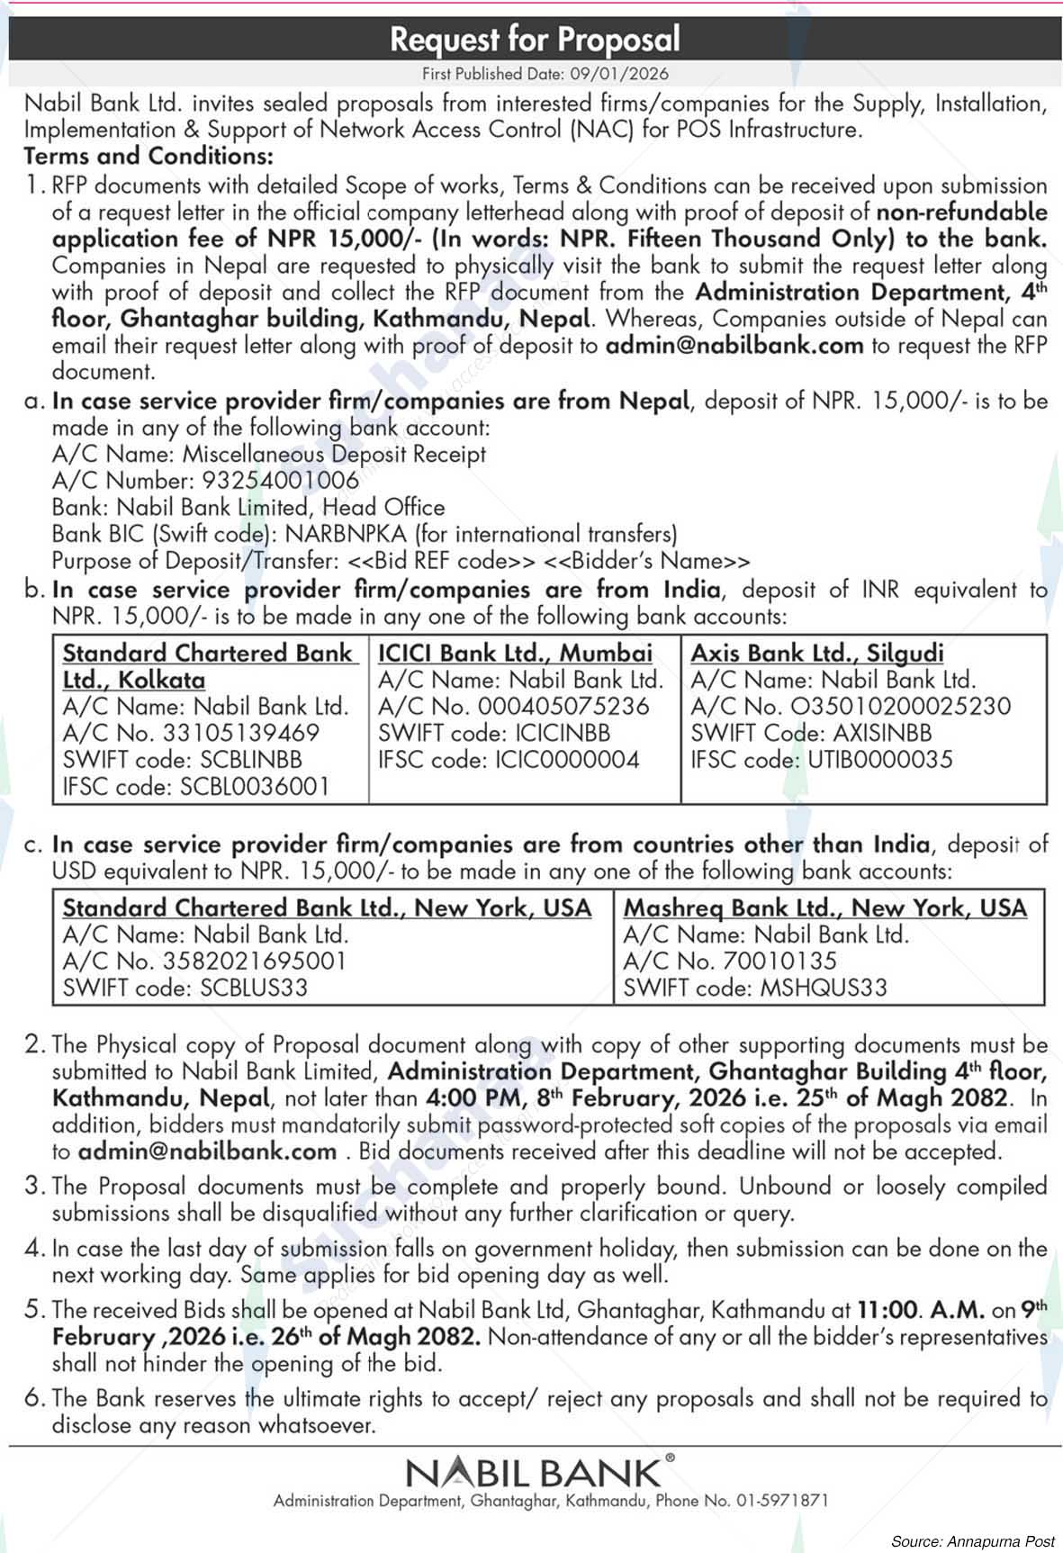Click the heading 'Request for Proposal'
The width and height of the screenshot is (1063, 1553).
click(x=535, y=39)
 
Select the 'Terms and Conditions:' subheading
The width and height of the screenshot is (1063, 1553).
click(x=149, y=156)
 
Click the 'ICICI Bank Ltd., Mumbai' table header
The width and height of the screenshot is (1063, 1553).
click(x=515, y=653)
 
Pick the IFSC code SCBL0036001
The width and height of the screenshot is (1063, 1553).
click(x=255, y=786)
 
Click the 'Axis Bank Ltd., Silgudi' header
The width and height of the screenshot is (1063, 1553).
click(x=817, y=653)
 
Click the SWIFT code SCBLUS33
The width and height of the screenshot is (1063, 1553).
click(x=254, y=988)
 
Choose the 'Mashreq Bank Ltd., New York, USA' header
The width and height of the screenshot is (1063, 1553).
click(x=825, y=907)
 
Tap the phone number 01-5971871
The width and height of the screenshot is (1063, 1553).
click(x=782, y=1501)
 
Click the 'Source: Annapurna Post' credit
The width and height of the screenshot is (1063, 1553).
click(x=972, y=1541)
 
